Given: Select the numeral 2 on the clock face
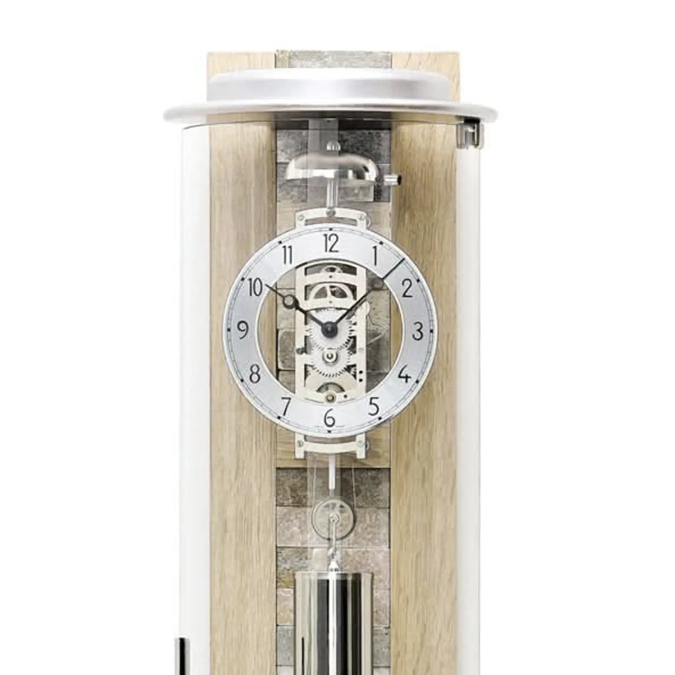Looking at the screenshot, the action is (x=407, y=288).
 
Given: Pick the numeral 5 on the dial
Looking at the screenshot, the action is (x=374, y=406).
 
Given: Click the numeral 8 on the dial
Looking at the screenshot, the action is (x=255, y=375).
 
